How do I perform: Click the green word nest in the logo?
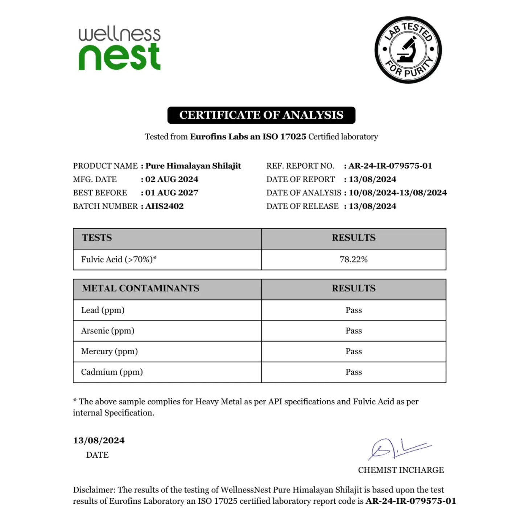coord(119,57)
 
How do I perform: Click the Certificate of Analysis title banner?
coord(261,115)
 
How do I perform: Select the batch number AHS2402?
coord(164,206)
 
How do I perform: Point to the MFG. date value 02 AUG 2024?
coord(172,180)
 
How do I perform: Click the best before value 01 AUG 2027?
coord(172,193)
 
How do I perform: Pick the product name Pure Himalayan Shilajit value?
coord(193,166)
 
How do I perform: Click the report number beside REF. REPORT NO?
coord(390,166)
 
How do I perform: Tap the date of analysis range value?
coord(397,193)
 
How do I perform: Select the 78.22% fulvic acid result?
coord(354,260)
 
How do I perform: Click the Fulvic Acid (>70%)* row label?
coord(119,260)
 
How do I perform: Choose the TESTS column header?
coord(97,238)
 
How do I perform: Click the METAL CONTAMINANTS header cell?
coord(141,289)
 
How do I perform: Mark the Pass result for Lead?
coord(354,310)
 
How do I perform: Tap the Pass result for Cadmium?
coord(354,372)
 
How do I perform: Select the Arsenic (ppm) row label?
coord(108,331)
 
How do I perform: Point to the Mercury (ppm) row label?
coord(109,352)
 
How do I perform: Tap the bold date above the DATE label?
coord(99,441)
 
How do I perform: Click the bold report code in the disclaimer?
coord(410,501)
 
